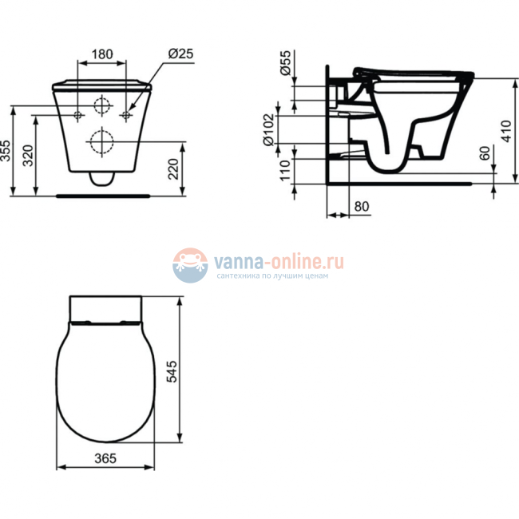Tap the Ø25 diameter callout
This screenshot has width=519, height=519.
coord(180,54)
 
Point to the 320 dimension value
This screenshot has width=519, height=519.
coord(29,155)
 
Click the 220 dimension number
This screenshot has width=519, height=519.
coord(175,169)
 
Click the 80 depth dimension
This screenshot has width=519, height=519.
coord(361,206)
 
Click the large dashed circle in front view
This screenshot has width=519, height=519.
coord(101,142)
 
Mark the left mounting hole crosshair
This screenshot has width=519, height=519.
coord(77,117)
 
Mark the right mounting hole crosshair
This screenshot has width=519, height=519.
coord(126,117)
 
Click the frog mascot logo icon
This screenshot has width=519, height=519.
coord(190,264)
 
